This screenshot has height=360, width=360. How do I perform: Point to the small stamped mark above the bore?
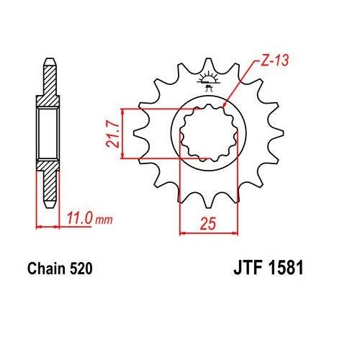[x=209, y=81]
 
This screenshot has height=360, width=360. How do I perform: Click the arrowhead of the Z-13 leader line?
[x=226, y=108]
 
